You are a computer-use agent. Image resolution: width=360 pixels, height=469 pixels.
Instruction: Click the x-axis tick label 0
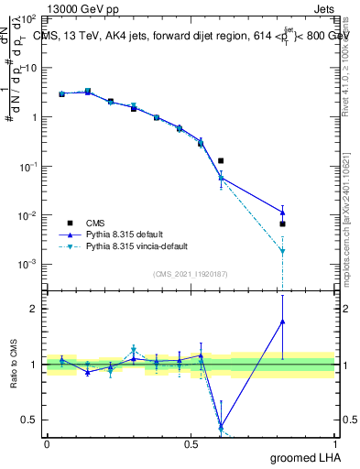47,444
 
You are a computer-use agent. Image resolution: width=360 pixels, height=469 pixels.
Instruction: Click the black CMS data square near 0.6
221,160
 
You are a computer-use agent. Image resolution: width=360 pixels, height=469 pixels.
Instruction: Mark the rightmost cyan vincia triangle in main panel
283,251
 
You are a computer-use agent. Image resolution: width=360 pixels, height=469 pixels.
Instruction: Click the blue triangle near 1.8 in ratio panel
283,321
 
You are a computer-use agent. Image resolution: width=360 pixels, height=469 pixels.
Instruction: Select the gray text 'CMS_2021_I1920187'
191,274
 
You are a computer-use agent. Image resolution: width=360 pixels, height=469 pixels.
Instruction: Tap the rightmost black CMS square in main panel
283,224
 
